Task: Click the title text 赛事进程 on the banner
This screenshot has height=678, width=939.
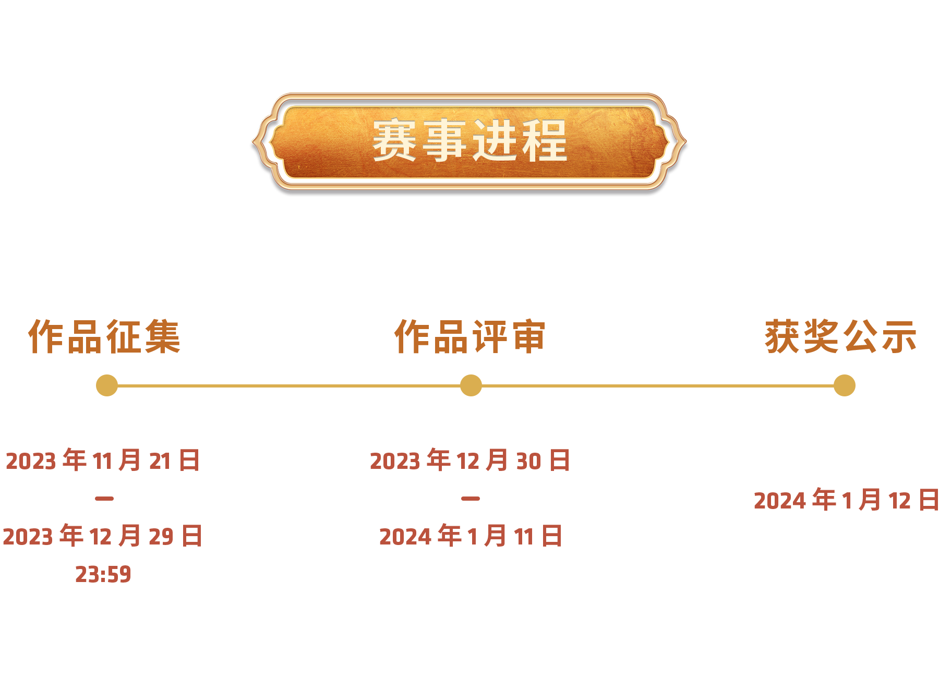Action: point(469,140)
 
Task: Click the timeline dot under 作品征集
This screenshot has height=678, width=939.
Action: point(107,385)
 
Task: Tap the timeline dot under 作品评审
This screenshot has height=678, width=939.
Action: point(471,385)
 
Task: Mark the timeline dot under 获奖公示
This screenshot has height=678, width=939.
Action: point(844,385)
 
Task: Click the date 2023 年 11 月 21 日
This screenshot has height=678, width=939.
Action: point(103,461)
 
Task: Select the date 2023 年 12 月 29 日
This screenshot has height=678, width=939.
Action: point(103,536)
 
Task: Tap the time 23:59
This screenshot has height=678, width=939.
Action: point(103,574)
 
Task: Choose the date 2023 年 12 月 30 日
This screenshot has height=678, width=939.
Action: point(470,461)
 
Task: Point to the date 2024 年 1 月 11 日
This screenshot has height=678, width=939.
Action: point(471,536)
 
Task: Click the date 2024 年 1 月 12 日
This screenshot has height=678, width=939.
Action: point(846,500)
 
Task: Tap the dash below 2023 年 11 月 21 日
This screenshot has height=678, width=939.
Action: point(104,499)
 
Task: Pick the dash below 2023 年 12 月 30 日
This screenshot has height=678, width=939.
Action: point(471,499)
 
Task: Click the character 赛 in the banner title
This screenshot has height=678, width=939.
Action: point(394,140)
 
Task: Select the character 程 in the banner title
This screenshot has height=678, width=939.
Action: point(545,140)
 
